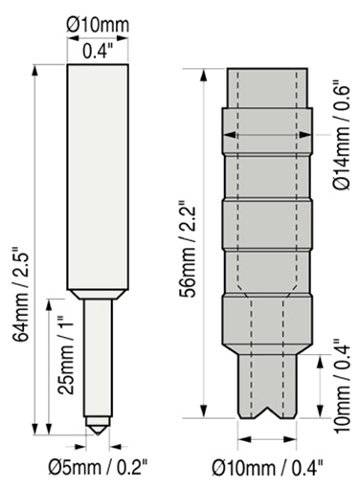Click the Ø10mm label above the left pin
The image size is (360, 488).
tap(98, 25)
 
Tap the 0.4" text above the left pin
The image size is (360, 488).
tap(98, 51)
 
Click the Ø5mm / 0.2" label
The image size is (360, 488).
tap(98, 468)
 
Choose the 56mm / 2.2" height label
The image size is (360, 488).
tap(187, 249)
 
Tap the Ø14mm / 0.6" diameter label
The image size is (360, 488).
tap(343, 137)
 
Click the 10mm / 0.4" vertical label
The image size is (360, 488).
tap(343, 386)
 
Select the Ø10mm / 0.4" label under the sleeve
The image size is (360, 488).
tap(267, 468)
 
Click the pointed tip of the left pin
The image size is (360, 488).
tap(98, 434)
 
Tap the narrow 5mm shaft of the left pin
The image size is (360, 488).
tap(98, 358)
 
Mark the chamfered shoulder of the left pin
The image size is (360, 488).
tap(98, 294)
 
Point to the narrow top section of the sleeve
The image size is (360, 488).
tap(267, 88)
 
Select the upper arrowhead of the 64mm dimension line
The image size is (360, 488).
tap(35, 71)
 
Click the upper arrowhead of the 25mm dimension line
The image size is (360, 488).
tap(49, 305)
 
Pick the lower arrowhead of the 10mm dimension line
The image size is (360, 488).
tap(320, 411)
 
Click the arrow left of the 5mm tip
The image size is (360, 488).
tap(80, 447)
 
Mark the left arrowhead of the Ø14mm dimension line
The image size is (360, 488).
tap(230, 135)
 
